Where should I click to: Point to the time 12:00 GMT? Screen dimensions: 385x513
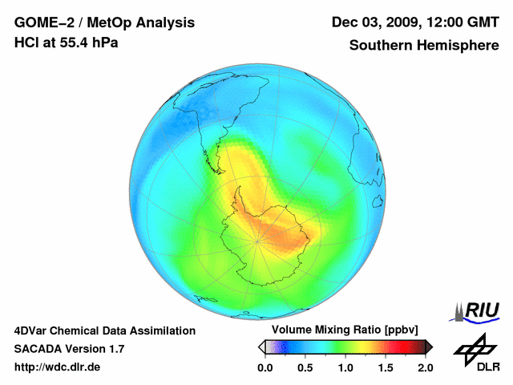click(455, 22)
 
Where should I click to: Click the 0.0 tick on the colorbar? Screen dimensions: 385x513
click(265, 367)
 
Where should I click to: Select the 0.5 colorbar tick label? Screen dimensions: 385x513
click(305, 367)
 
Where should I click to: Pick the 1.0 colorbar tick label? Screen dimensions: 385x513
click(345, 367)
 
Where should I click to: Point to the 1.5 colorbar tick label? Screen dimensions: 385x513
click(386, 367)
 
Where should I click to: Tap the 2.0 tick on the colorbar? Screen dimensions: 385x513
click(426, 367)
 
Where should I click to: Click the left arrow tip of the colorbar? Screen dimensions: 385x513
click(261, 346)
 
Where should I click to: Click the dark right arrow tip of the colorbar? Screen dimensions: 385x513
click(430, 346)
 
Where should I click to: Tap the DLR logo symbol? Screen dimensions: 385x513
click(473, 346)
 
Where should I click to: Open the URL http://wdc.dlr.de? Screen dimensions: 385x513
click(58, 367)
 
